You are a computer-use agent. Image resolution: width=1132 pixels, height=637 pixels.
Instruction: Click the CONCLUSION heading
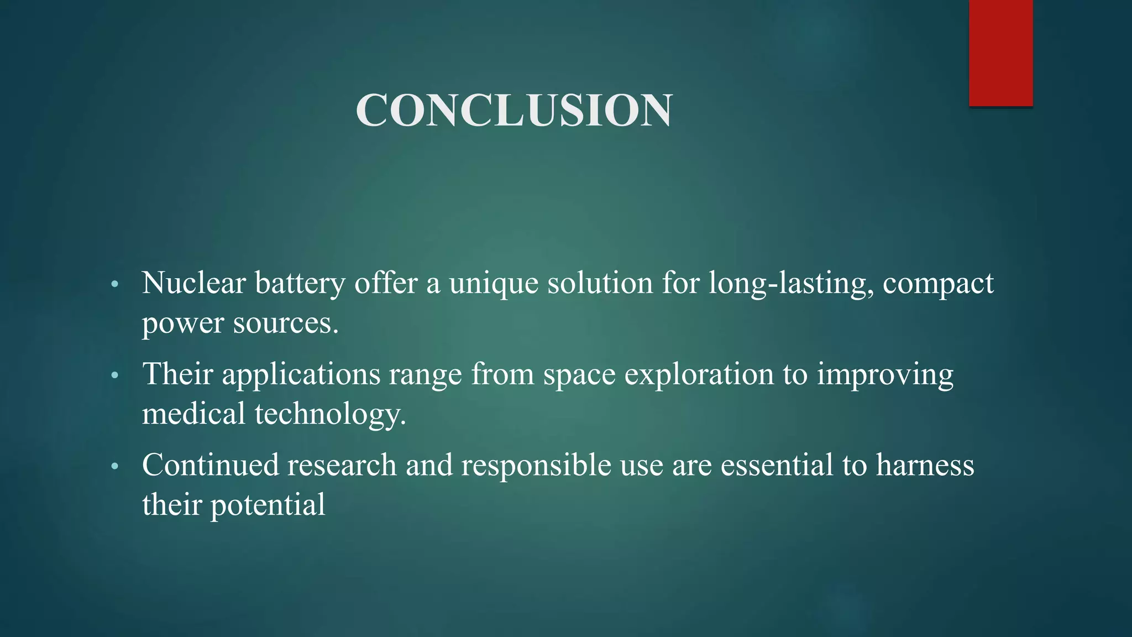pyautogui.click(x=514, y=110)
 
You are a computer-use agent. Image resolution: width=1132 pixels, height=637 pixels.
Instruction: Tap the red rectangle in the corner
pyautogui.click(x=1000, y=53)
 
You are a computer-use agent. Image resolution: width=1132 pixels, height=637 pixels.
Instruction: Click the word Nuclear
pyautogui.click(x=193, y=283)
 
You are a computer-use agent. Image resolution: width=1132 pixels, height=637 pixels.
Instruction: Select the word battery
pyautogui.click(x=300, y=284)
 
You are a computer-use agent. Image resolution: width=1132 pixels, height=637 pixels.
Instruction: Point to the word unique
pyautogui.click(x=493, y=284)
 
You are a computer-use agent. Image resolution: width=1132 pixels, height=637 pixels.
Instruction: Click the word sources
pyautogui.click(x=285, y=324)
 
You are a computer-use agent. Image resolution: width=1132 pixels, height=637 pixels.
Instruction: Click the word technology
pyautogui.click(x=330, y=415)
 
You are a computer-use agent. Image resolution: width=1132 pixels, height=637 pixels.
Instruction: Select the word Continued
pyautogui.click(x=210, y=465)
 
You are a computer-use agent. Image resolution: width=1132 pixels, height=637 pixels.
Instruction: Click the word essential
pyautogui.click(x=777, y=465)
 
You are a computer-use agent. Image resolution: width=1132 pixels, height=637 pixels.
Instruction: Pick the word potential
pyautogui.click(x=268, y=505)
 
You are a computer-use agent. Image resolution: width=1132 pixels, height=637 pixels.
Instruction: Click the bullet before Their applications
pyautogui.click(x=115, y=376)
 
